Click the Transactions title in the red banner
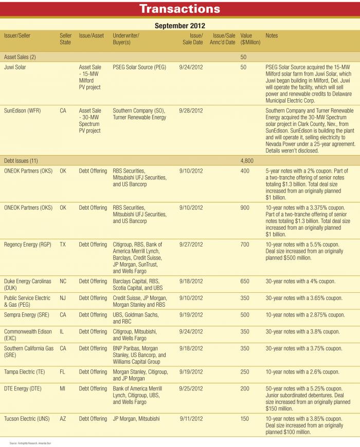(180, 9)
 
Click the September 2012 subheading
(180, 25)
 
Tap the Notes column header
(272, 35)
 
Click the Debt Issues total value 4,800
(246, 161)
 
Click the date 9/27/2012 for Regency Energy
(191, 245)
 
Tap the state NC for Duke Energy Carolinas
(63, 282)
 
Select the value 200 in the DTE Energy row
(245, 389)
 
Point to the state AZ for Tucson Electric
(63, 419)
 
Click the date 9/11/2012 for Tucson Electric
(191, 419)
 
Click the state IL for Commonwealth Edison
(62, 332)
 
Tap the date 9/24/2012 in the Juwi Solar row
(191, 67)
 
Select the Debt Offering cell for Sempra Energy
(93, 315)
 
